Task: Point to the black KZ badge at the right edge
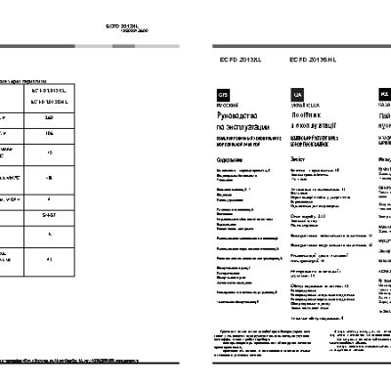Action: point(383,94)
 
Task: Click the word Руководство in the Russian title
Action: point(240,115)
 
